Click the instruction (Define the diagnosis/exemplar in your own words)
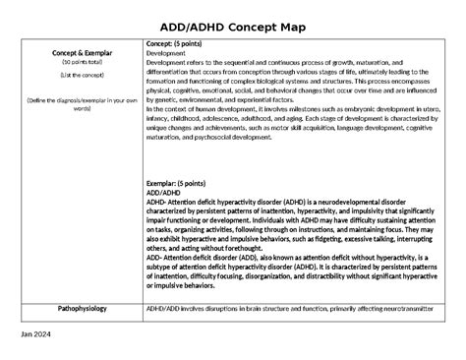(70, 104)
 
